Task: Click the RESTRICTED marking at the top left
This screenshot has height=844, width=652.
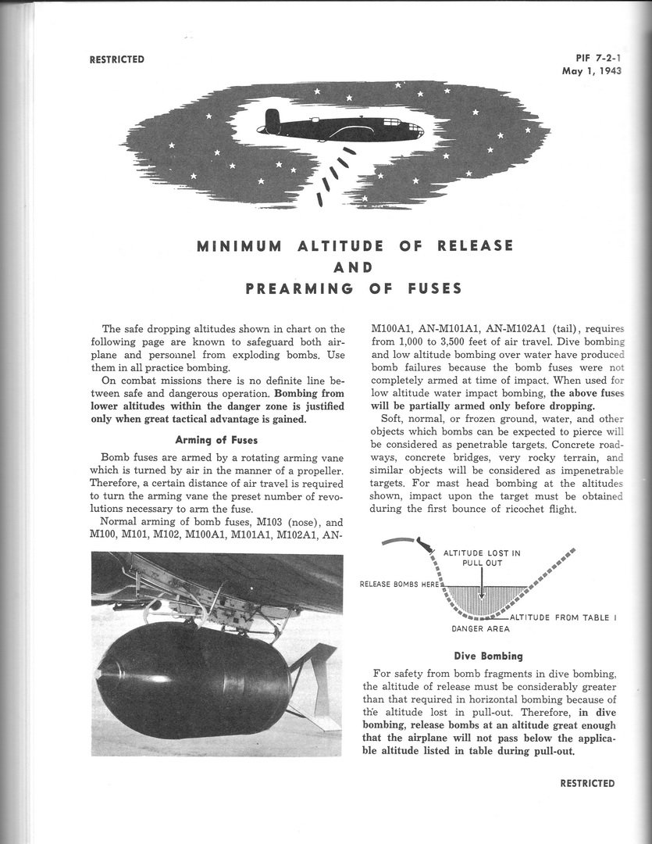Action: click(x=116, y=59)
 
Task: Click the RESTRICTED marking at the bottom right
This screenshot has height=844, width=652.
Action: click(x=586, y=783)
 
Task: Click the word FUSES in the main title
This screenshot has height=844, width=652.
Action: click(x=431, y=288)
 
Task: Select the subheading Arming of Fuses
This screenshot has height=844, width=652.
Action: click(x=216, y=439)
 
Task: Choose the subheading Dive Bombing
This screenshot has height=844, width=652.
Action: click(x=488, y=656)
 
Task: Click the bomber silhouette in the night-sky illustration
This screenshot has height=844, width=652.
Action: click(x=344, y=127)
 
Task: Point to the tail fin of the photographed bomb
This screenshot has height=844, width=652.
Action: click(x=316, y=688)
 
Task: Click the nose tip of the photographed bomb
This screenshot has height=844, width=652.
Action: click(x=99, y=671)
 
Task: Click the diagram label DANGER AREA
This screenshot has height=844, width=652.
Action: click(x=480, y=628)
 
